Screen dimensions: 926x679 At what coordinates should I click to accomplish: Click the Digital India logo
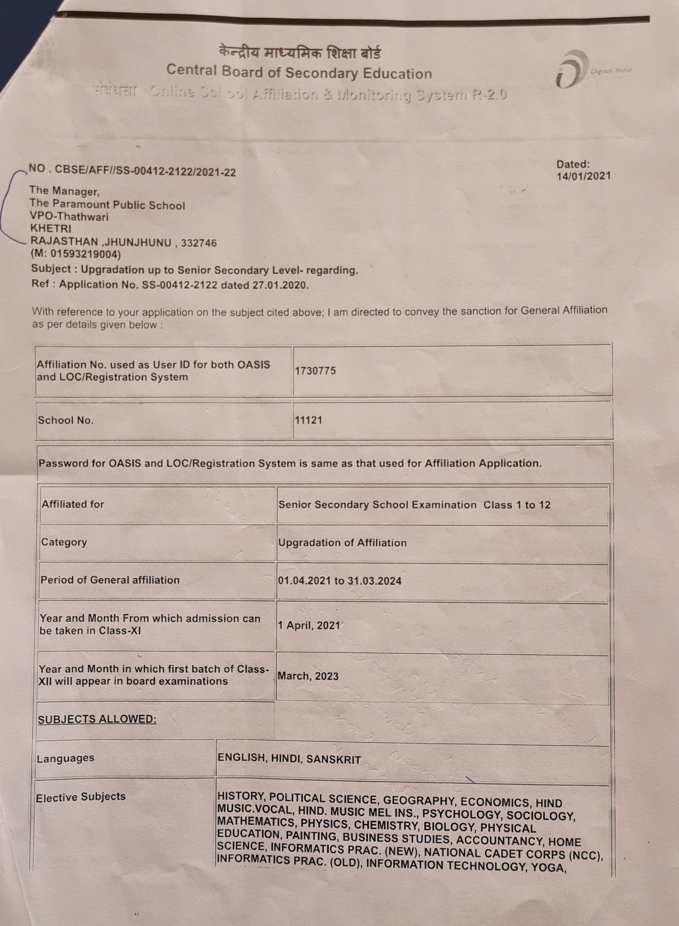pyautogui.click(x=571, y=69)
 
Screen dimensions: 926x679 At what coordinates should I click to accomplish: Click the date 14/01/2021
pyautogui.click(x=583, y=176)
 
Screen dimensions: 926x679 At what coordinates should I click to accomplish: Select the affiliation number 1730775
pyautogui.click(x=315, y=371)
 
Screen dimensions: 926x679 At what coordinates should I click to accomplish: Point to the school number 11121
pyautogui.click(x=308, y=420)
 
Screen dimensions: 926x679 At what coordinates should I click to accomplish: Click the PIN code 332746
pyautogui.click(x=199, y=243)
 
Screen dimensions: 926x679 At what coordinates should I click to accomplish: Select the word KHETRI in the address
pyautogui.click(x=50, y=228)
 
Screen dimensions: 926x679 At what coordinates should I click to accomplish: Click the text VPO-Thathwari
pyautogui.click(x=69, y=216)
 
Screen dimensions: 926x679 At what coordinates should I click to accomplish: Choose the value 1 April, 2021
pyautogui.click(x=309, y=626)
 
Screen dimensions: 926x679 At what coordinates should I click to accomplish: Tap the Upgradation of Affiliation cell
pyautogui.click(x=342, y=543)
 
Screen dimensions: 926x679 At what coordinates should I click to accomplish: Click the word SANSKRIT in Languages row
pyautogui.click(x=334, y=760)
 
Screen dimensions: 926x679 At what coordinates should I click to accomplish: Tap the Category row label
pyautogui.click(x=64, y=542)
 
